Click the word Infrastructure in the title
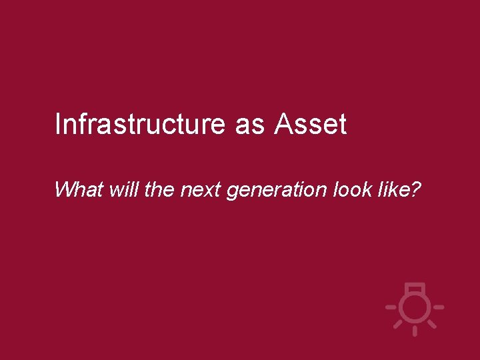click(x=141, y=125)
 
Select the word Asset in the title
click(x=310, y=125)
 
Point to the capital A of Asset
click(x=283, y=125)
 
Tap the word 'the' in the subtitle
click(x=158, y=190)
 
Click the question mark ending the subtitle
click(x=415, y=190)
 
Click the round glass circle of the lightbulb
click(x=415, y=307)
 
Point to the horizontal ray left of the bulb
click(x=392, y=307)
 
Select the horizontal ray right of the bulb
click(x=437, y=307)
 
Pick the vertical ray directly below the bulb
click(x=415, y=330)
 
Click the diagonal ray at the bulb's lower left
click(x=398, y=324)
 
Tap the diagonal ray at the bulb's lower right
click(x=431, y=324)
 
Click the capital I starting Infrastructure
click(x=57, y=125)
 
